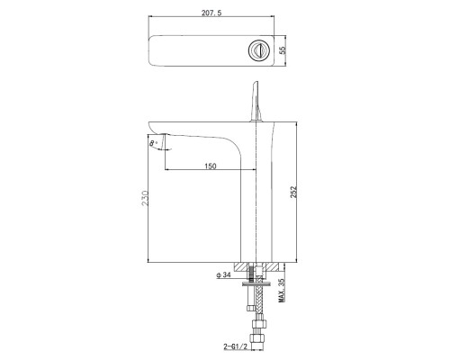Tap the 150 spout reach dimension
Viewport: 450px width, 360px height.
(x=210, y=166)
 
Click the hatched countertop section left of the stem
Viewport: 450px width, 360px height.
(x=245, y=267)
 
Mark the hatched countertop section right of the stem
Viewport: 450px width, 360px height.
(x=274, y=267)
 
